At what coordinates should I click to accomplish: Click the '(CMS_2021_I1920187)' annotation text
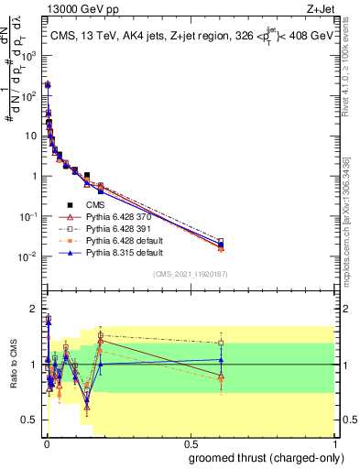190,273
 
